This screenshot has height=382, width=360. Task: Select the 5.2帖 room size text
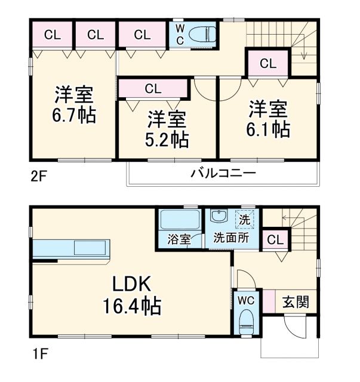167,140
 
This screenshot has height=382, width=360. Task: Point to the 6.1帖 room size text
269,130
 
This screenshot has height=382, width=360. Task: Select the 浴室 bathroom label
179,239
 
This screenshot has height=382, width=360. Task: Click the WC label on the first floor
246,301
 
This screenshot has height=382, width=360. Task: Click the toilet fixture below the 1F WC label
246,325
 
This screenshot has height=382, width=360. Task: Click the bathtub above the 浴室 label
180,220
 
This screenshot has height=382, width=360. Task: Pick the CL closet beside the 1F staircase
275,241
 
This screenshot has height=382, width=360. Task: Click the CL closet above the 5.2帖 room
153,89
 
